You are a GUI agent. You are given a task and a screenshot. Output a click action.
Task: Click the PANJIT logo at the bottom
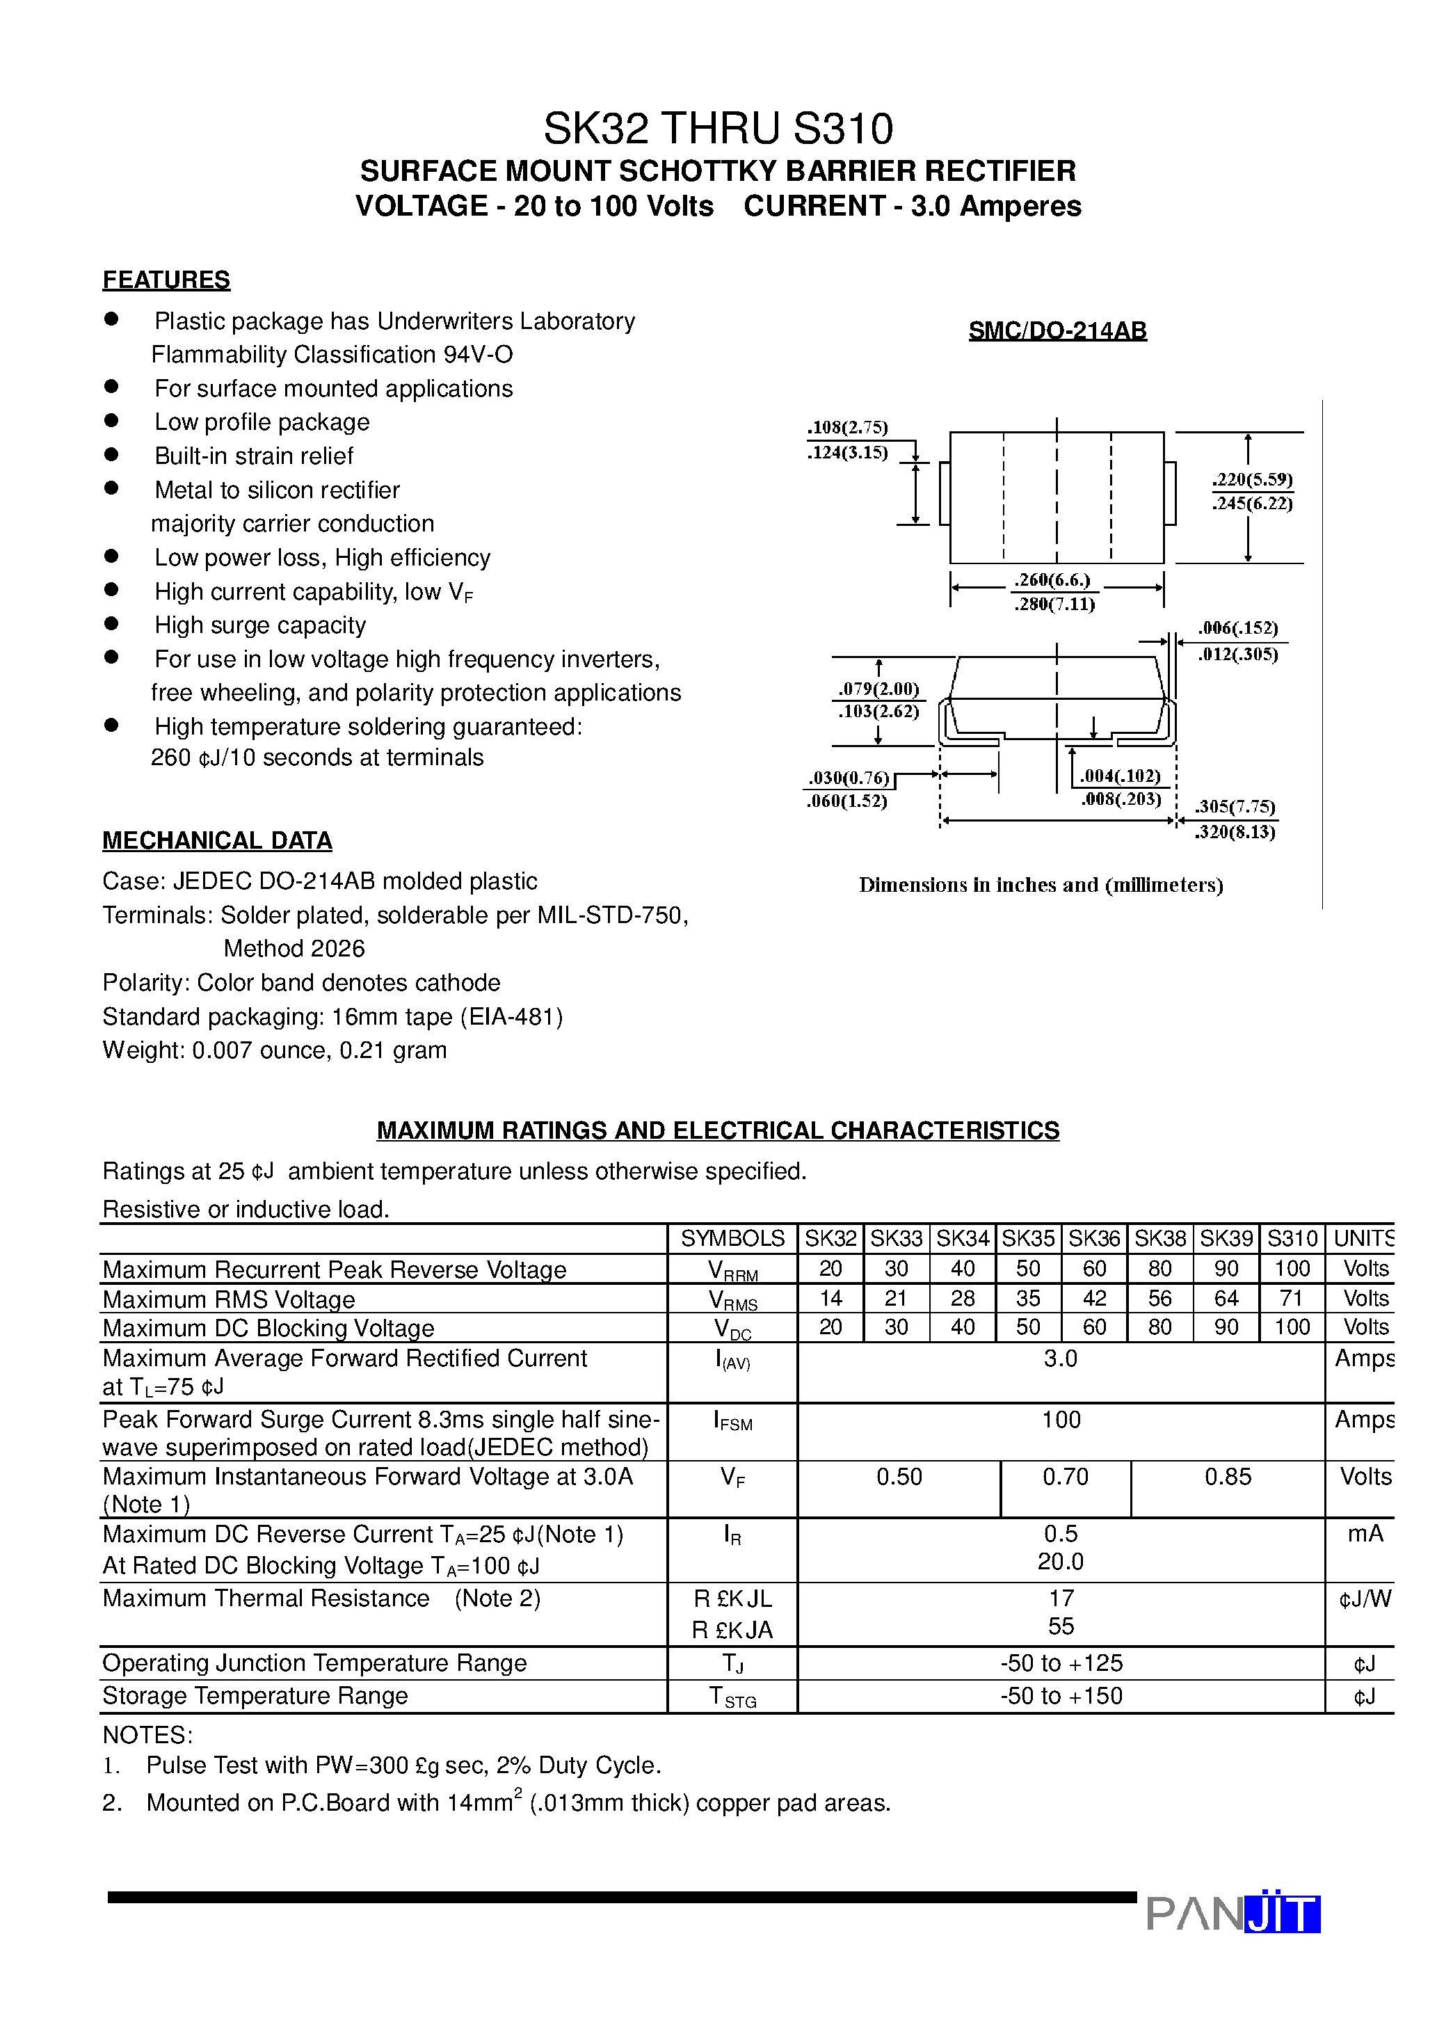(1233, 1914)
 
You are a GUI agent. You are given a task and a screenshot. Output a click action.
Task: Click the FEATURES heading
(166, 280)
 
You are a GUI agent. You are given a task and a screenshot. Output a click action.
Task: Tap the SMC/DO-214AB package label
(1057, 330)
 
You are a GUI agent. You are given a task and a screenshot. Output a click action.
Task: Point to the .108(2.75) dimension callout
(847, 427)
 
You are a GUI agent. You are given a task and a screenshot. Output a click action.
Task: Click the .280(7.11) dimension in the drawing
(1054, 604)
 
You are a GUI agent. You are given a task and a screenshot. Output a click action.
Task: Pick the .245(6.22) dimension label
(1252, 503)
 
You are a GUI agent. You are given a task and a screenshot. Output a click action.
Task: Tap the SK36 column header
(1094, 1238)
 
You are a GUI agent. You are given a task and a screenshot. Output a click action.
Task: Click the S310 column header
(1292, 1238)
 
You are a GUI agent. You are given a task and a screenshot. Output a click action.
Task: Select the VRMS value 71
(1292, 1298)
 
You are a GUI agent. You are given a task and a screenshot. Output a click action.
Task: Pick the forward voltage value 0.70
(1065, 1476)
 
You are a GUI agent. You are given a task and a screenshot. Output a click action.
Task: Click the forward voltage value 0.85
(1227, 1476)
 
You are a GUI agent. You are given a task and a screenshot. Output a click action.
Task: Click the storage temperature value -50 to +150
(1061, 1696)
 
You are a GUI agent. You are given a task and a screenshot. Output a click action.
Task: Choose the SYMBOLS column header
(732, 1238)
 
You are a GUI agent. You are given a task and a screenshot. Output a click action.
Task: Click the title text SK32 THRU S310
(718, 129)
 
